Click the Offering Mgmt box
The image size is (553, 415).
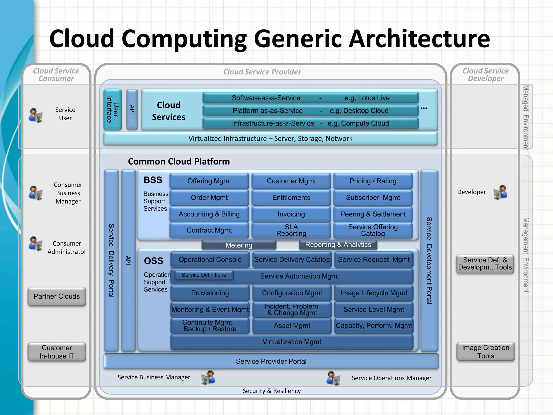coord(209,181)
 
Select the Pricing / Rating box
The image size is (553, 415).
coord(373,181)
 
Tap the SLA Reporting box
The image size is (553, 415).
coord(291,230)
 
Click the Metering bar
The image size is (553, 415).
coord(239,245)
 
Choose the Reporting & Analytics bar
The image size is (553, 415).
coord(338,245)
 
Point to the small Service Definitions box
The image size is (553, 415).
coord(204,275)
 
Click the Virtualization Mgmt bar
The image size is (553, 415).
coord(292,342)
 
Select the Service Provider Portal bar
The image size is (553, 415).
coord(271,361)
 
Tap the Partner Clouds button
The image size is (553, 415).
coord(57,296)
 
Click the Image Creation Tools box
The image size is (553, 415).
coord(485,352)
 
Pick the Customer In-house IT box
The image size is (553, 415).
coord(57,352)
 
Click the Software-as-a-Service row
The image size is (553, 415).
coord(311,98)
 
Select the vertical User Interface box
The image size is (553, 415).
coord(113,109)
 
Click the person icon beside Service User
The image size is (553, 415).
coord(36,115)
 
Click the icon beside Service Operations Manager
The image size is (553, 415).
coord(333,378)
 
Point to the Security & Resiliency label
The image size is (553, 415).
coord(271,391)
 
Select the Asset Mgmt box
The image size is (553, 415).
coord(292,326)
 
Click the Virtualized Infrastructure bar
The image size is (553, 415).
coord(270,139)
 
